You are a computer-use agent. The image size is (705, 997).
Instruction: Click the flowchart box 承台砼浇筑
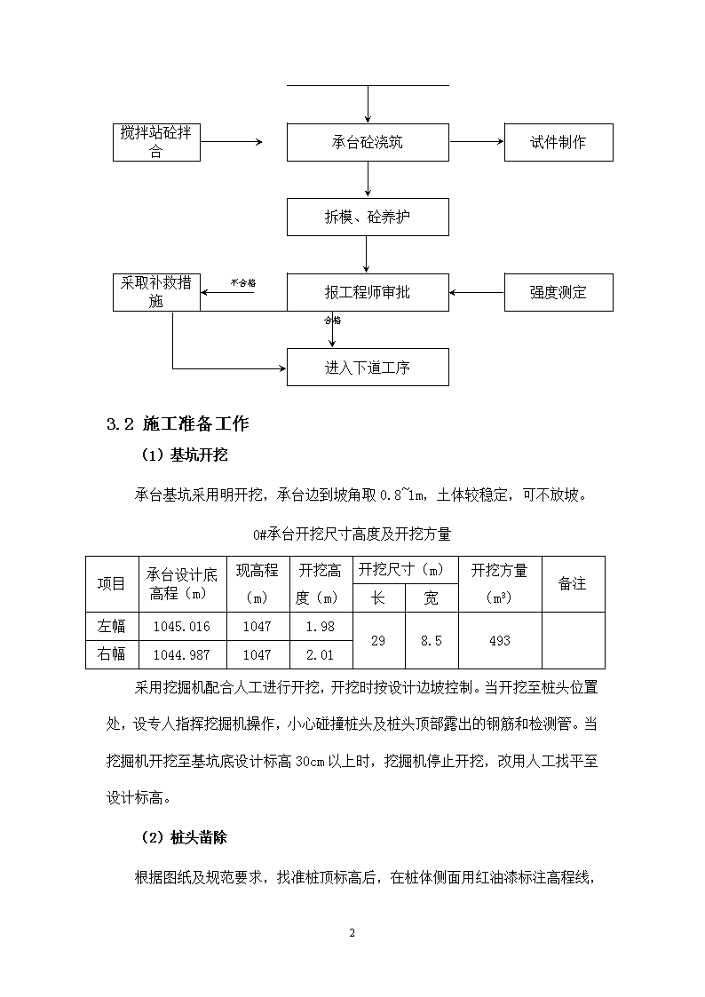368,142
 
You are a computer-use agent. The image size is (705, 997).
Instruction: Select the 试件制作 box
558,142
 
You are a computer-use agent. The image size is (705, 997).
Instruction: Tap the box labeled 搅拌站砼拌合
156,142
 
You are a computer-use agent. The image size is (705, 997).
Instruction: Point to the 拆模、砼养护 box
368,217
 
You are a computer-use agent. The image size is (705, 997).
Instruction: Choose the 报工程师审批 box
368,292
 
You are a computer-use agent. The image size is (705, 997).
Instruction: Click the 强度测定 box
558,292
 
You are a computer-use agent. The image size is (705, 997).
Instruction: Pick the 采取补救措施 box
156,292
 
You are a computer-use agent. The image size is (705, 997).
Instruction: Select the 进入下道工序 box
368,367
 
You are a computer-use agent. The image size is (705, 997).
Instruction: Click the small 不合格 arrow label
242,283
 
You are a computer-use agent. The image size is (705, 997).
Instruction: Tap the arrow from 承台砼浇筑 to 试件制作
476,142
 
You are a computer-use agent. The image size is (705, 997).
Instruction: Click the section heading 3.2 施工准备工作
178,424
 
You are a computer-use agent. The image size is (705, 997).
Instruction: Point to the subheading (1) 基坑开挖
185,455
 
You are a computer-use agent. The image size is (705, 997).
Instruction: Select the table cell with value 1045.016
182,626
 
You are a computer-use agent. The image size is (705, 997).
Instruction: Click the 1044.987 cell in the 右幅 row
182,655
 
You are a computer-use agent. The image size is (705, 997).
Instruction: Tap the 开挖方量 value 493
500,641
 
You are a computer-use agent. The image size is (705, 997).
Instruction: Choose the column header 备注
572,583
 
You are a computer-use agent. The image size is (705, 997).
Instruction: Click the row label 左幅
111,626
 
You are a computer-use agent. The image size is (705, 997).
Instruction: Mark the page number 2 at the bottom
352,933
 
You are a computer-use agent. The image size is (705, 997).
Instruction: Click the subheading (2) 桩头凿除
185,837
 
